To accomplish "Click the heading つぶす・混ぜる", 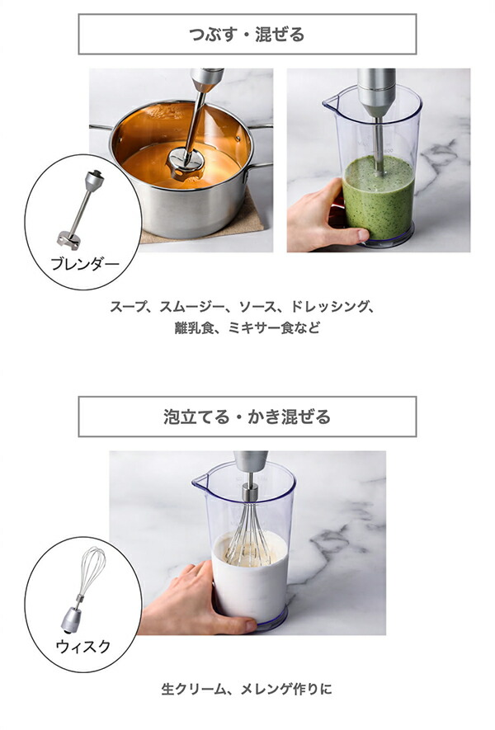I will (x=247, y=34).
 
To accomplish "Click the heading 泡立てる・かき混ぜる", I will (x=247, y=417).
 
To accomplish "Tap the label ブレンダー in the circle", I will (x=85, y=265).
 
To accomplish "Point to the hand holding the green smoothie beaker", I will (x=318, y=219).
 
